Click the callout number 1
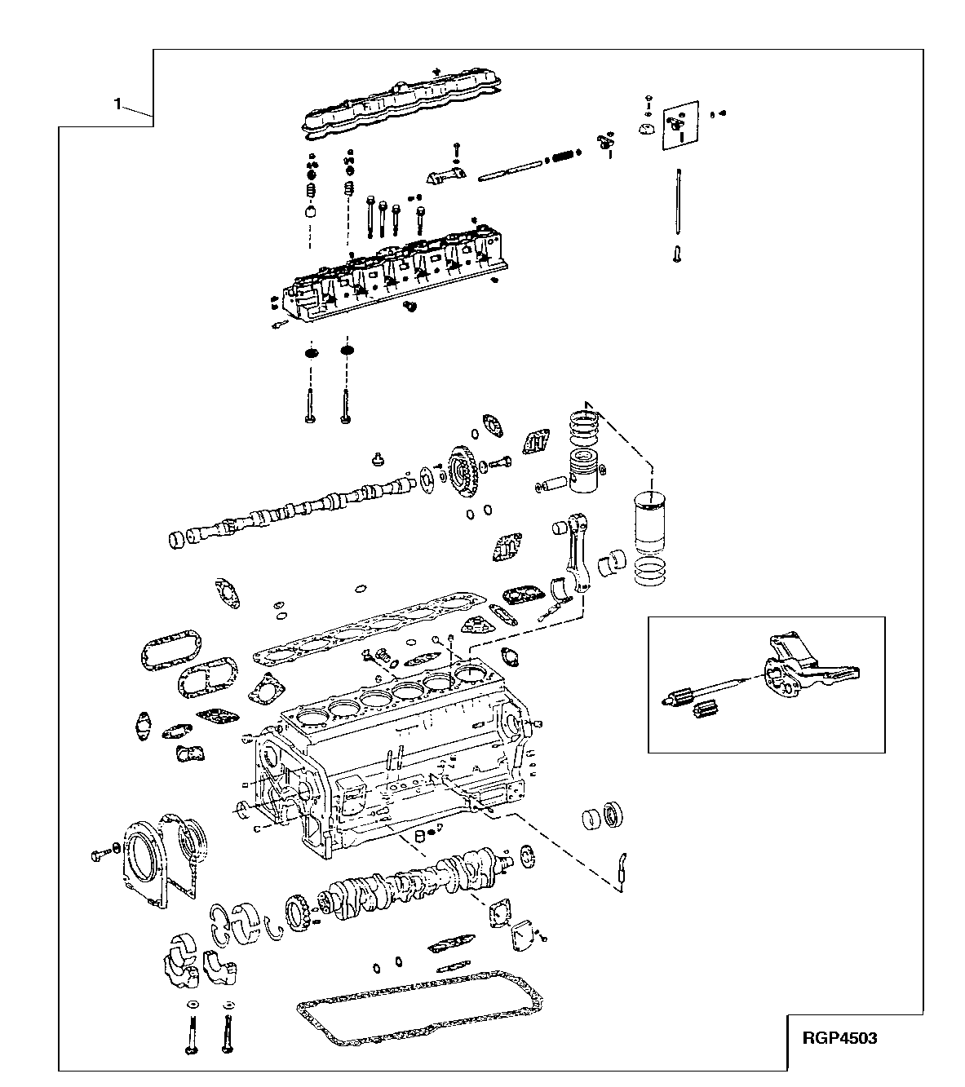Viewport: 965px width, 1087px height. pyautogui.click(x=118, y=104)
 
